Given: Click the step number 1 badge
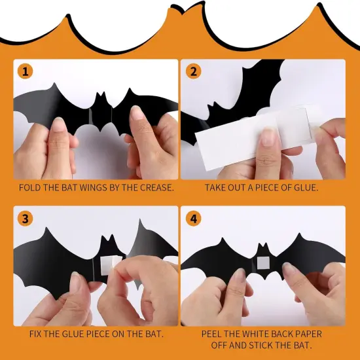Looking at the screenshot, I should pos(25,71).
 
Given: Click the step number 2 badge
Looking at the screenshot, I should pos(192,71).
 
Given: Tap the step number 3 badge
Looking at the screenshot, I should pos(25,217).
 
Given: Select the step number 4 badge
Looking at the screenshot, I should pos(192,217).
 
